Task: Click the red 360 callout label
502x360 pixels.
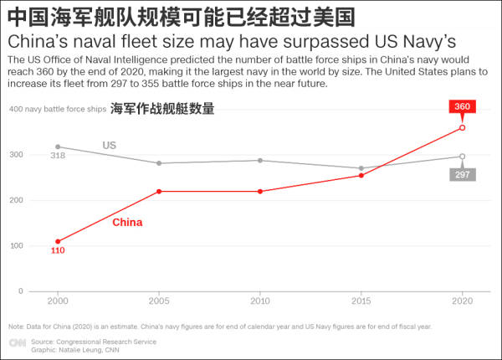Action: tap(462, 106)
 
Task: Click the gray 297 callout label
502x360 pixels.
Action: tap(462, 174)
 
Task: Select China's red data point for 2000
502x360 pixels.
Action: tap(58, 241)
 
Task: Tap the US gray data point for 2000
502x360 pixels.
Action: tap(58, 147)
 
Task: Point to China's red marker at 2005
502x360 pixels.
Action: tap(159, 192)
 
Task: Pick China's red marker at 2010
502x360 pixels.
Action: tap(260, 192)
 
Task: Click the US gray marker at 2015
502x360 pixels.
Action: tap(361, 168)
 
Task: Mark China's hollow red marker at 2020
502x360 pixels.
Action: tap(463, 128)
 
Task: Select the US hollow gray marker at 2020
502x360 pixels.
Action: tap(463, 157)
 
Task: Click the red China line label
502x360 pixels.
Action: tap(127, 223)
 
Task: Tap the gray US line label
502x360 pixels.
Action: tap(109, 145)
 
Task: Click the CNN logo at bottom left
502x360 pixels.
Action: tap(17, 343)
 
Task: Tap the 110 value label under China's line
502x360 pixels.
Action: tap(58, 250)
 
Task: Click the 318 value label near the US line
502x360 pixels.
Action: tap(58, 156)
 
